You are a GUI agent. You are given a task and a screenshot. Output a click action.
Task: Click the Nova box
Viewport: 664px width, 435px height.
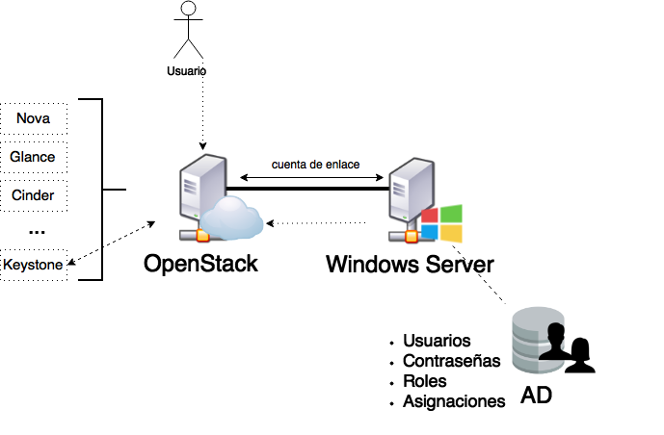click(x=34, y=118)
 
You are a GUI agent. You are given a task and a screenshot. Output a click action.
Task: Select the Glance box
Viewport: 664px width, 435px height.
click(x=34, y=157)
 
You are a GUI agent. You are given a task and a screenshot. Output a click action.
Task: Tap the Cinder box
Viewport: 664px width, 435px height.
click(x=34, y=195)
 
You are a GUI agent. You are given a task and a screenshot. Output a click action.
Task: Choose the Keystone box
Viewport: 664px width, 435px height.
click(x=34, y=265)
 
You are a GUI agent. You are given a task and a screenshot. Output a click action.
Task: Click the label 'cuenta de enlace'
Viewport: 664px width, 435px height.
click(x=315, y=166)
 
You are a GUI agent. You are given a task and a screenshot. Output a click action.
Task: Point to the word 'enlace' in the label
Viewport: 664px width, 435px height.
click(x=341, y=166)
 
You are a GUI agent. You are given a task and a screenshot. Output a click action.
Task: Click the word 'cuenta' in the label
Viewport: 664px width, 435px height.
click(x=288, y=166)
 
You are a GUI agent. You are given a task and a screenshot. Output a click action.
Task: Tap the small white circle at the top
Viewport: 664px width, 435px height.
click(x=188, y=9)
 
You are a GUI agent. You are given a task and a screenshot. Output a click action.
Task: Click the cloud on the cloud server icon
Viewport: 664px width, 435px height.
click(x=232, y=219)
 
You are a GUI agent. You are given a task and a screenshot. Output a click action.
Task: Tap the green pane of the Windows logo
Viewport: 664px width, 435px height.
click(x=451, y=214)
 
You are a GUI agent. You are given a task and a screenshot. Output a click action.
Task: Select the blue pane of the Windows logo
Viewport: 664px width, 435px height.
click(x=431, y=232)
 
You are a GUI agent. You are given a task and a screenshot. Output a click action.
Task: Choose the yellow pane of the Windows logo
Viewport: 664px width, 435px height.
click(x=451, y=234)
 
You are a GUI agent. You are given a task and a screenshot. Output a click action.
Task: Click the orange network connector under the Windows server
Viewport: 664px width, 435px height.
click(x=412, y=236)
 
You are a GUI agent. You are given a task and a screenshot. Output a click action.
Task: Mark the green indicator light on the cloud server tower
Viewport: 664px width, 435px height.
click(x=197, y=215)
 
